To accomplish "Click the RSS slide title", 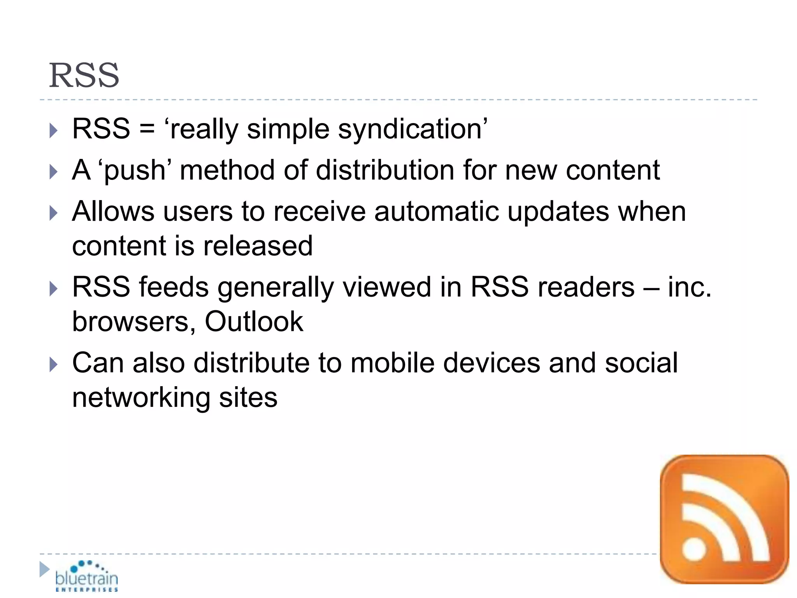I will click(84, 75).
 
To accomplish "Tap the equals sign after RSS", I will click(147, 129).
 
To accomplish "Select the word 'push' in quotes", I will click(135, 171).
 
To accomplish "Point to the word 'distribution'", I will click(384, 171).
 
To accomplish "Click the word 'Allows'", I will click(113, 211).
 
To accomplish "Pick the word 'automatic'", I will click(436, 211).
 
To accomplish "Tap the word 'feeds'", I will click(174, 287).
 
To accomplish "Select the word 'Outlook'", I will click(254, 322).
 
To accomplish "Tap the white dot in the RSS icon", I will click(694, 549).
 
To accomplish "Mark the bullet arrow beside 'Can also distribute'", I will click(54, 365).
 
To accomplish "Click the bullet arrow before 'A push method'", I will click(54, 172).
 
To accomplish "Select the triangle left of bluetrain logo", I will click(44, 569).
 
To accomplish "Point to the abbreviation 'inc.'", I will click(690, 287).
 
